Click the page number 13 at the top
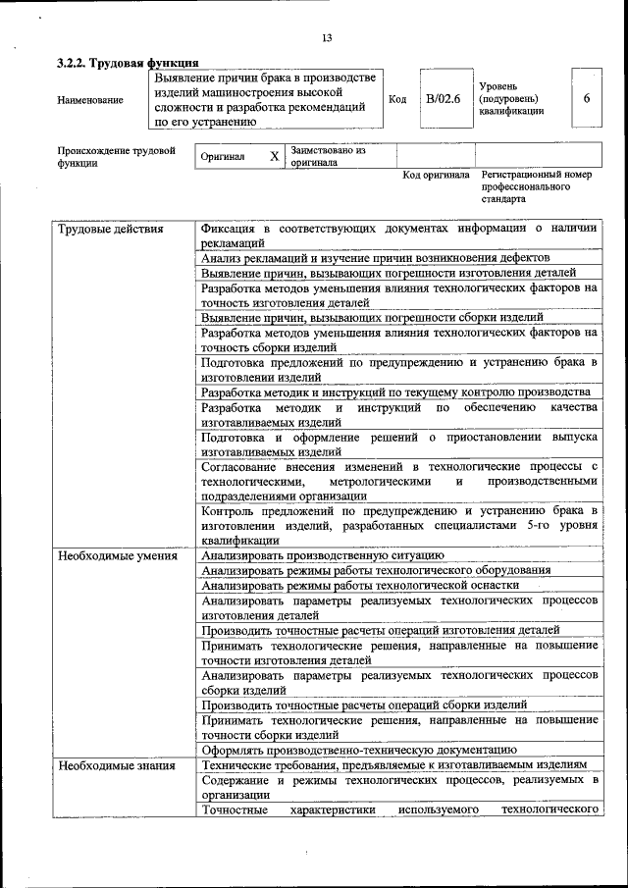[326, 37]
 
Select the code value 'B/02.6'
[443, 99]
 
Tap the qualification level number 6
[586, 99]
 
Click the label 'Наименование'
[90, 100]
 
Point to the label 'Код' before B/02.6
[397, 99]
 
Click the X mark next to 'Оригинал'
[274, 156]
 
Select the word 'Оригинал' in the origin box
[223, 157]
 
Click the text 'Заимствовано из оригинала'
[328, 157]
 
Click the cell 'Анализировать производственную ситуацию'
[323, 555]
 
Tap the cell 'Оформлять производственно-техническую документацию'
[358, 750]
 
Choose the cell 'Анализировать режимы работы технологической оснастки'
[359, 585]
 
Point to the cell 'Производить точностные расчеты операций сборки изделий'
[364, 705]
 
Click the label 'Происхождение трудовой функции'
[116, 157]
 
